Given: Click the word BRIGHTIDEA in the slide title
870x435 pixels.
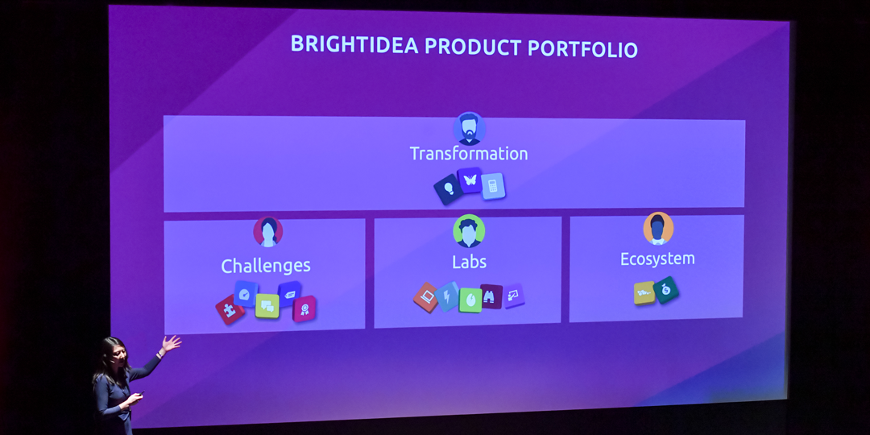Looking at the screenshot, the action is [x=354, y=44].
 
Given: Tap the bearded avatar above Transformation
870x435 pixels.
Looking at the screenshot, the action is [x=469, y=129].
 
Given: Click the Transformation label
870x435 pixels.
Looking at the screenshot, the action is [x=469, y=154].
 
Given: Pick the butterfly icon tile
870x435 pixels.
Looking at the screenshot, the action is [x=470, y=180].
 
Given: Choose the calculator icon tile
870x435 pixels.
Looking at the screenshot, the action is [x=493, y=186].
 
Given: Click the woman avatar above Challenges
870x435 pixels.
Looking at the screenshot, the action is [x=268, y=231].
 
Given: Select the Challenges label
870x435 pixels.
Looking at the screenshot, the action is [x=266, y=266].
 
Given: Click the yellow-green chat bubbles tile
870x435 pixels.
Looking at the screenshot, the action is [x=267, y=306].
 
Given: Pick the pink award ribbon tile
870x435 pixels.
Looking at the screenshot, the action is [x=304, y=309].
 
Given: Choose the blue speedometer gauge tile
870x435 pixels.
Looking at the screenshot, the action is [x=246, y=293].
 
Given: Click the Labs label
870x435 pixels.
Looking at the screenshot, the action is [x=469, y=261].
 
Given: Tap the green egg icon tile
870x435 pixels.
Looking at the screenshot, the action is [x=470, y=300].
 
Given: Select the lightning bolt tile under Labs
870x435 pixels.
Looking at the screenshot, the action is [x=447, y=296].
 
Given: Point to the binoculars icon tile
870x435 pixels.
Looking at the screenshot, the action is [x=491, y=296].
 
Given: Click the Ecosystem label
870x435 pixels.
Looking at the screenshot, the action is [x=657, y=259].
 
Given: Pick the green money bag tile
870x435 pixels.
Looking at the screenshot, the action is [x=666, y=290].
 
